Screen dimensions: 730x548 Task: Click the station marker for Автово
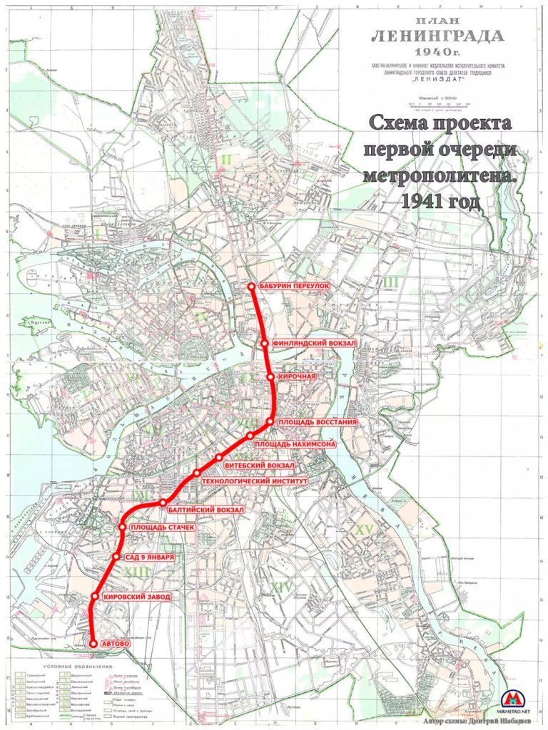(93, 643)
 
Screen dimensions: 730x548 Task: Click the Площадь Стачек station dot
(122, 527)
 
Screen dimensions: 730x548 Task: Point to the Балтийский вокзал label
(207, 510)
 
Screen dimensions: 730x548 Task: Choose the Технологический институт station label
(255, 481)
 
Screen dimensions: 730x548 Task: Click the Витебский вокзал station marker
(219, 457)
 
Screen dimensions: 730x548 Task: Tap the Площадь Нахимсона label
(295, 443)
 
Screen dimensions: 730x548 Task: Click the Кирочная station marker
(270, 376)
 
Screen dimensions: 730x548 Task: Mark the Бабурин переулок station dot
(251, 287)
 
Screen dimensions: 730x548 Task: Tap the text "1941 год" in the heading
(440, 202)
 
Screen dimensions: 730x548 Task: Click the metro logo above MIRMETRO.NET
(517, 697)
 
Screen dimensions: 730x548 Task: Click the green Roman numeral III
(390, 282)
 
